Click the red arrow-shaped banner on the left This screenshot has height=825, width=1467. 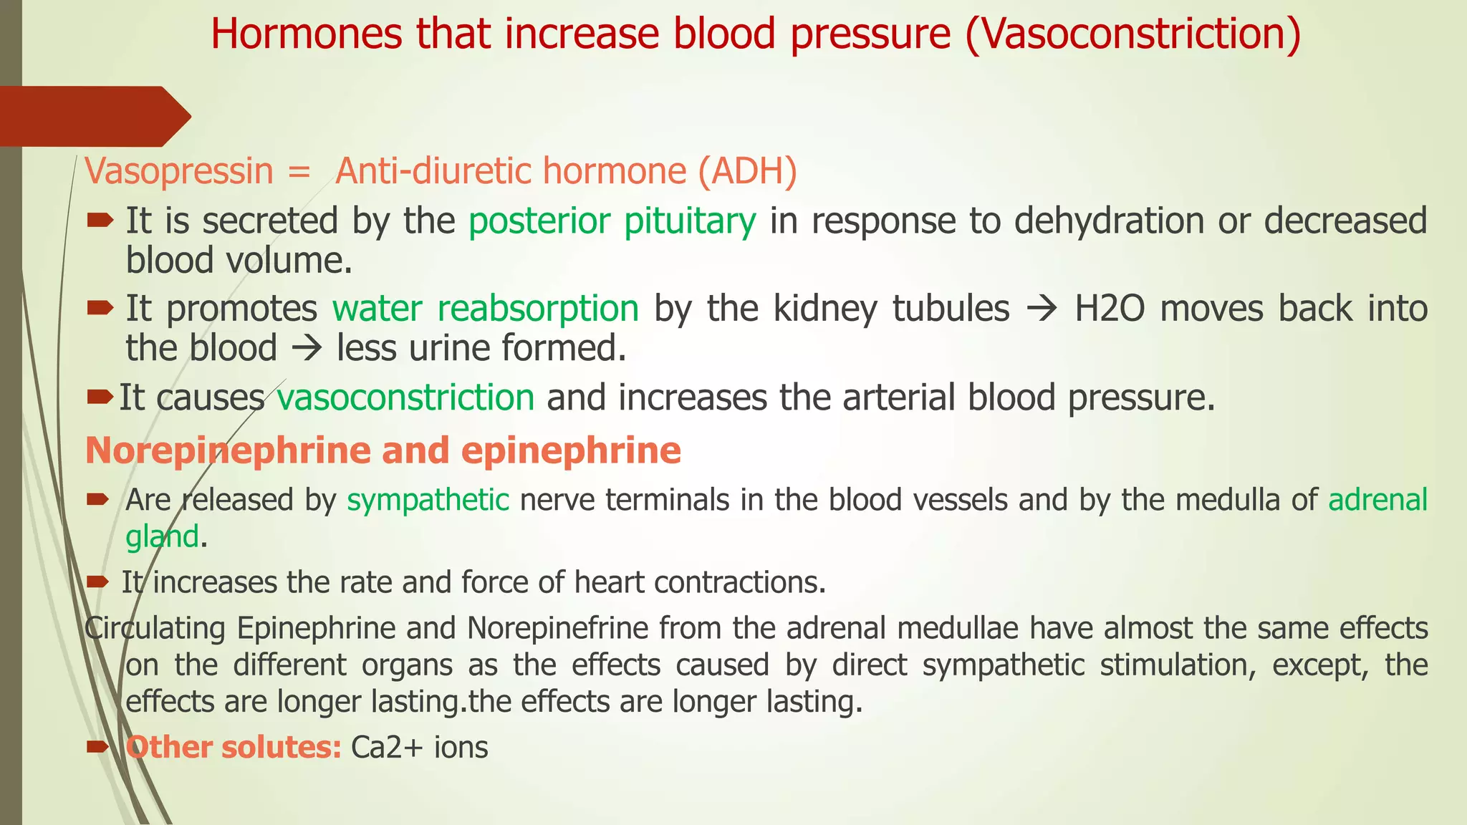pos(93,116)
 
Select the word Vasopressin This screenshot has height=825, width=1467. pos(179,172)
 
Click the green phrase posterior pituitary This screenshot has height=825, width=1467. pos(612,221)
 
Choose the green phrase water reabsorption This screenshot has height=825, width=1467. pos(486,309)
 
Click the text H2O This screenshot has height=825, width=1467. pos(1110,309)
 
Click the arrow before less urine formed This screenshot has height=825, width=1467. pos(307,349)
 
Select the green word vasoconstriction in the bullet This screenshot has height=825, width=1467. pos(406,397)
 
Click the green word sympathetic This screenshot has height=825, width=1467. pos(428,500)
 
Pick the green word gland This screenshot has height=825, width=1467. pos(162,537)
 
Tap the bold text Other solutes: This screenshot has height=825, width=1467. pos(234,748)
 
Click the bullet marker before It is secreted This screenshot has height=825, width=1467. pos(100,221)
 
